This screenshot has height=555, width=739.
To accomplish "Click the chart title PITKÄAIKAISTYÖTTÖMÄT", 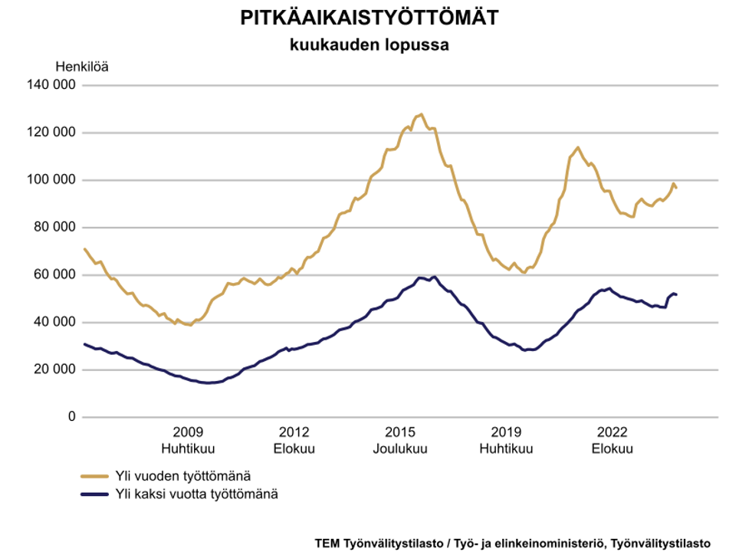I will point(369,18).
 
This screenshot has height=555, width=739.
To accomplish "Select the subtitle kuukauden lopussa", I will point(369,44).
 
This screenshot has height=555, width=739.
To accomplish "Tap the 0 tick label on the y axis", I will point(72,417).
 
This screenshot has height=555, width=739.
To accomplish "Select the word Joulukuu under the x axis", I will point(400,448).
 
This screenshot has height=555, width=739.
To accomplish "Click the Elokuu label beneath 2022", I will point(612,448).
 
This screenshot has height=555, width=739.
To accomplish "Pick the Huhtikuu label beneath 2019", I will point(506,448).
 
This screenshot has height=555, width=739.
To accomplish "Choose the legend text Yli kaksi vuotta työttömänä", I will point(196,494).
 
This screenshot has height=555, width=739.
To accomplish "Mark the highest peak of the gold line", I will point(421,114).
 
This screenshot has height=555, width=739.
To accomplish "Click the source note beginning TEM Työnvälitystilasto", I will point(512,541).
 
